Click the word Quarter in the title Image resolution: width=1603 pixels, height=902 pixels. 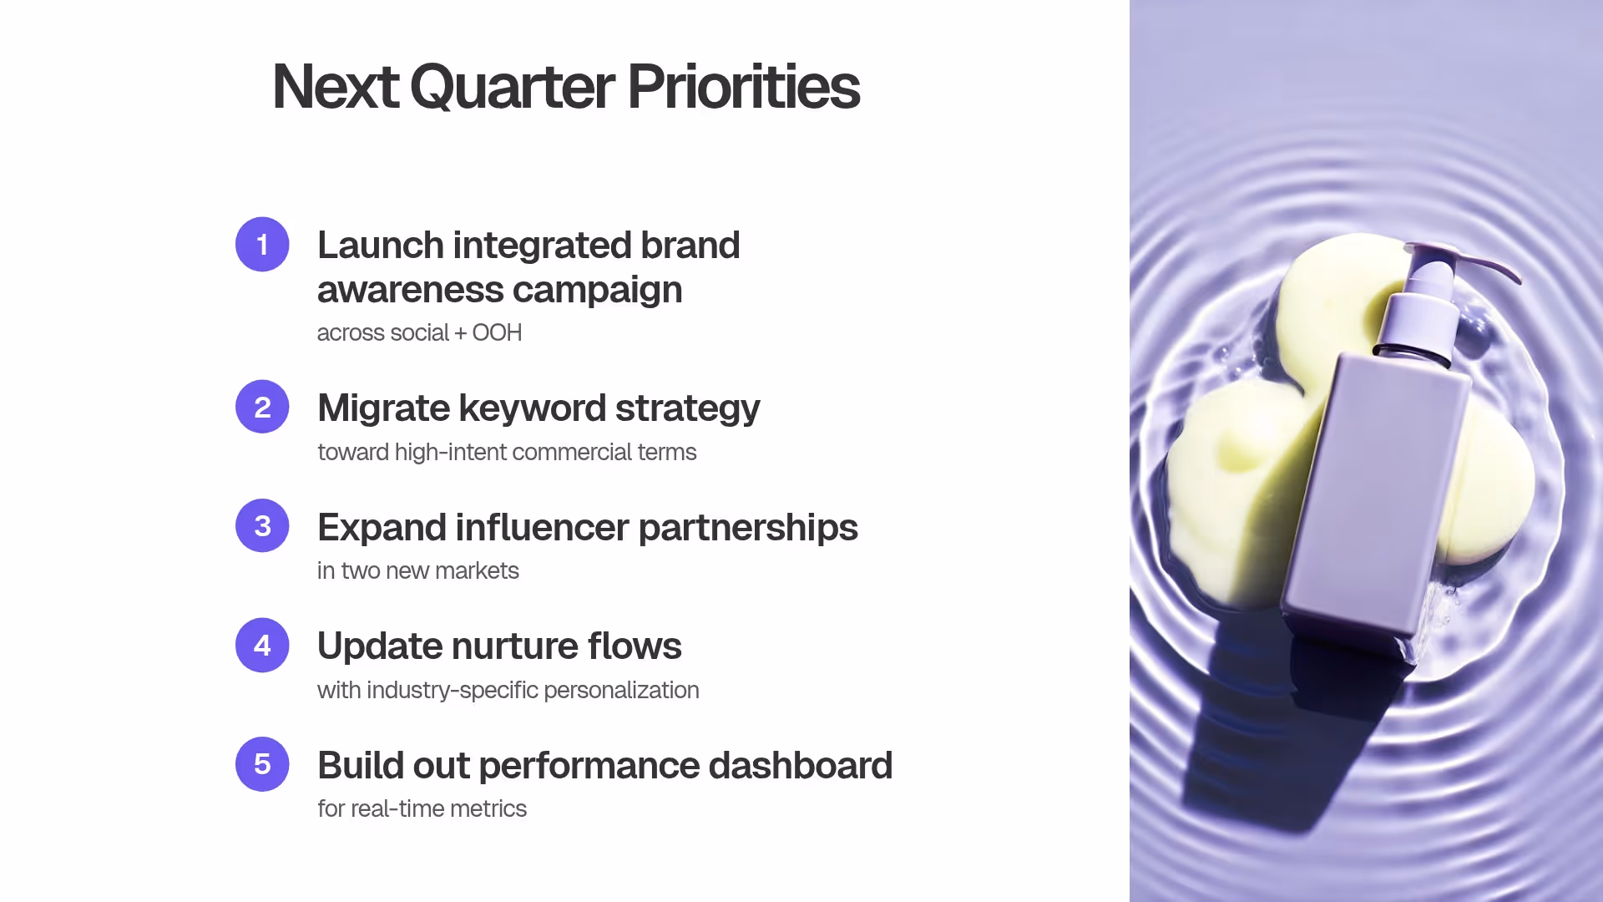coord(511,87)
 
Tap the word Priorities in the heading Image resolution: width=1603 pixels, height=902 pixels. coord(742,87)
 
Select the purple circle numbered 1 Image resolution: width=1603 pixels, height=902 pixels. coord(262,245)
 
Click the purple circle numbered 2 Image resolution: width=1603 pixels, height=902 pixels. coord(262,407)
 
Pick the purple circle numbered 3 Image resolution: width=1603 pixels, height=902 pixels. coord(262,526)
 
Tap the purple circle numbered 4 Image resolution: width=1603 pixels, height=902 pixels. coord(262,645)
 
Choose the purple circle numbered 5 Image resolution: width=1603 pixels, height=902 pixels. coord(262,764)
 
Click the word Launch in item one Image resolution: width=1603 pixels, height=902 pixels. coord(380,246)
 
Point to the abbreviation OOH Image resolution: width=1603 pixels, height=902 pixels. coord(497,332)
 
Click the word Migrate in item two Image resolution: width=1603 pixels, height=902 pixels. coord(383,408)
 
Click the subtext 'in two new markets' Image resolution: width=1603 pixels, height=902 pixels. coord(417,570)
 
